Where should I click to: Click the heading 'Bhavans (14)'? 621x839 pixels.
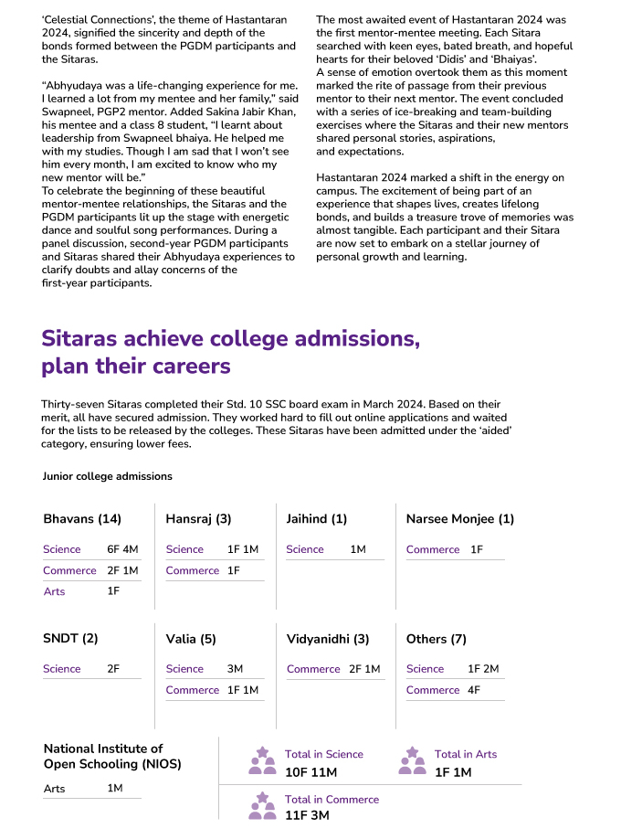82,519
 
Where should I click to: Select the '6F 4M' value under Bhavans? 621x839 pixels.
122,549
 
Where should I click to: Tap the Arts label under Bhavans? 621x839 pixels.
54,591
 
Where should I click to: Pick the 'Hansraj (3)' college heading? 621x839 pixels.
198,519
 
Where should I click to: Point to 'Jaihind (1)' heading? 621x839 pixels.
316,519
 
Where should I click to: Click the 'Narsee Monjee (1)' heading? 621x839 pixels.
460,519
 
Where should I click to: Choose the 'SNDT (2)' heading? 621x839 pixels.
70,639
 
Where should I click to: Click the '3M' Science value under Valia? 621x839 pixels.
235,669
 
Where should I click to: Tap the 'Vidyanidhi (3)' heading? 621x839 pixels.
328,639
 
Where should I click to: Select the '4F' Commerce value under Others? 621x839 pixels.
474,690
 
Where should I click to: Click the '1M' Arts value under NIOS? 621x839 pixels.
115,788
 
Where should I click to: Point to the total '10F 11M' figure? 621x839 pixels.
310,772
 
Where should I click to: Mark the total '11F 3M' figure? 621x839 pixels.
307,815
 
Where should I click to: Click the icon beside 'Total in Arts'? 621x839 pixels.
412,760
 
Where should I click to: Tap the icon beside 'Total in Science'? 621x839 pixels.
262,760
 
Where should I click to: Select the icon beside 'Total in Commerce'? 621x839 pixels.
262,805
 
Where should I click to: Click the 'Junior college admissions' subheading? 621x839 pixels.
107,476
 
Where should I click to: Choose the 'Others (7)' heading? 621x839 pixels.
436,639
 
